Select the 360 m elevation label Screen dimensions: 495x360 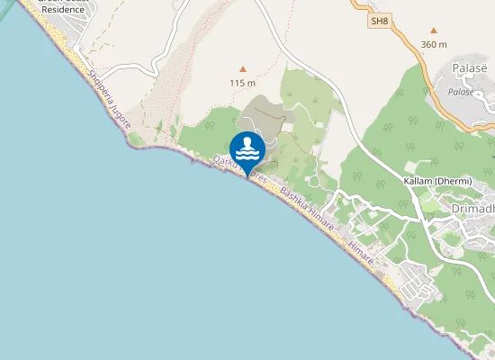pyautogui.click(x=434, y=44)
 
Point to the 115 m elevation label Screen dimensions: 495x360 pyautogui.click(x=242, y=83)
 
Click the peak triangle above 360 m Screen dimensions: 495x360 pyautogui.click(x=434, y=30)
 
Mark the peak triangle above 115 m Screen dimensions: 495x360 pyautogui.click(x=242, y=68)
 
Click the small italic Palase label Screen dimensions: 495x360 pyautogui.click(x=461, y=92)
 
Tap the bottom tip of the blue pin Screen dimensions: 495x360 pyautogui.click(x=247, y=175)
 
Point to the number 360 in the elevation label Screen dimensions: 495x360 pyautogui.click(x=429, y=44)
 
